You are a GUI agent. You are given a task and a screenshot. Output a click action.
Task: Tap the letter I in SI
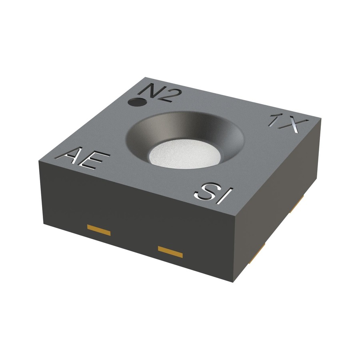[x=225, y=196]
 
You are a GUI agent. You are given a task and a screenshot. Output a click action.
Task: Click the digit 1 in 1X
[x=275, y=120]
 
